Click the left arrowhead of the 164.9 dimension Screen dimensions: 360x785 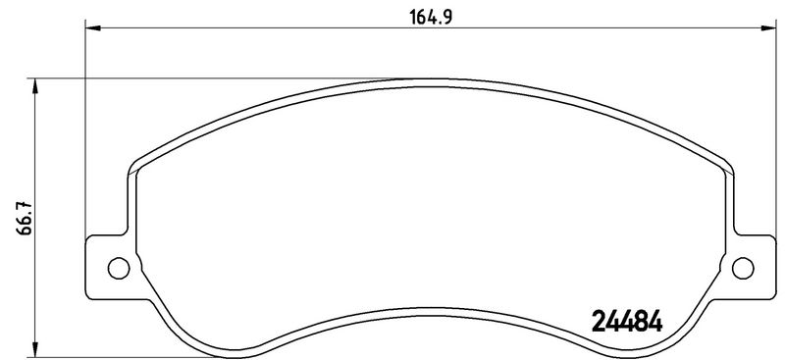(92, 28)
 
